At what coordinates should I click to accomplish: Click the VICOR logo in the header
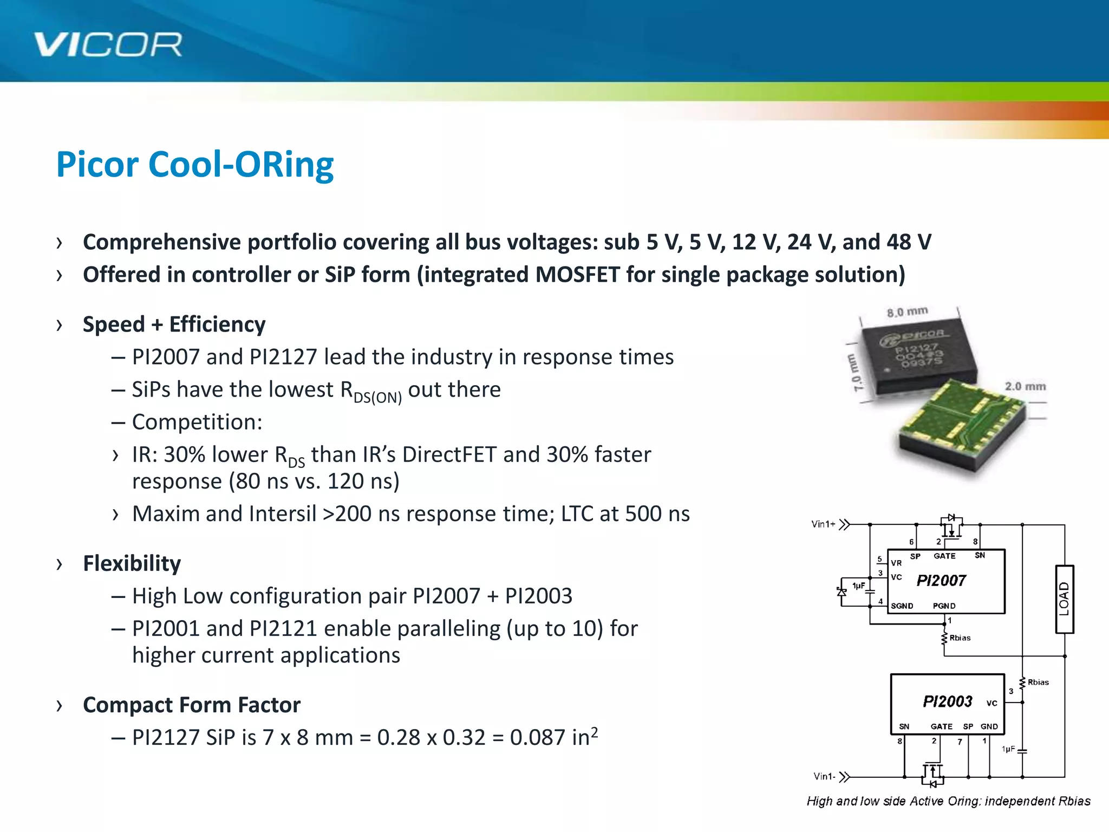(x=108, y=44)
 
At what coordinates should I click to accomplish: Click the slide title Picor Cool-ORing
(x=195, y=165)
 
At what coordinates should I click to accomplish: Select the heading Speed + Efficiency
(x=174, y=324)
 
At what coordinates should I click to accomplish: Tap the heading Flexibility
(x=132, y=563)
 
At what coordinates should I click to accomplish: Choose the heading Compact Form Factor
(x=191, y=705)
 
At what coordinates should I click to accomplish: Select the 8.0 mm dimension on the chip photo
(x=907, y=312)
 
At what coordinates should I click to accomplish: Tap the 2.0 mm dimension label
(x=1025, y=386)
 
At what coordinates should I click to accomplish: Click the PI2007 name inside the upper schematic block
(x=941, y=581)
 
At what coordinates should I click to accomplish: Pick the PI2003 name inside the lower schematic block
(x=947, y=701)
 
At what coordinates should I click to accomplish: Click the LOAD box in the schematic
(x=1064, y=599)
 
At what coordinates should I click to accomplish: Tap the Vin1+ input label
(x=823, y=524)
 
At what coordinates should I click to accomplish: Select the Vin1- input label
(x=824, y=777)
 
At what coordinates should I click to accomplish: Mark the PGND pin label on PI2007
(x=944, y=606)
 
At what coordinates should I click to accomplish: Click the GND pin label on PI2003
(x=989, y=726)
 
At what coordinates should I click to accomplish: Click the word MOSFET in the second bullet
(x=577, y=275)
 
